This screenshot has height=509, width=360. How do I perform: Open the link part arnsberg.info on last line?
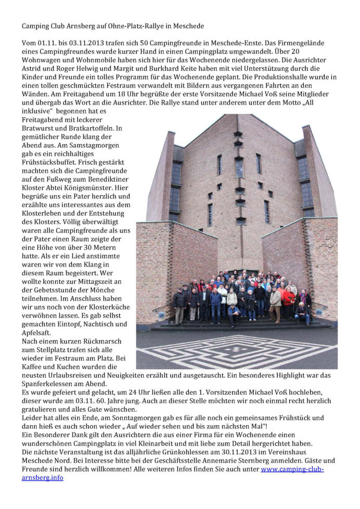[x=42, y=477]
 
